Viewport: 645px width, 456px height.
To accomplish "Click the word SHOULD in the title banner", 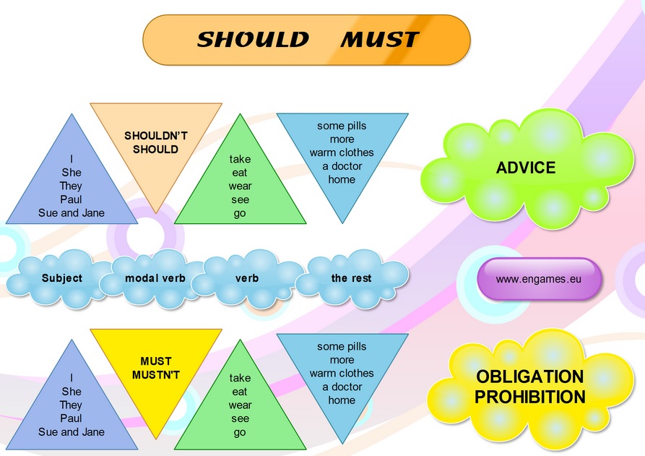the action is (x=253, y=40).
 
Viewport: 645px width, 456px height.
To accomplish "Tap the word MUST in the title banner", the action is (x=380, y=40).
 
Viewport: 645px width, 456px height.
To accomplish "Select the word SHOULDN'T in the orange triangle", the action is (x=156, y=136).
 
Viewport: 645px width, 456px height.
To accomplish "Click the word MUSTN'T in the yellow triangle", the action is (x=156, y=375).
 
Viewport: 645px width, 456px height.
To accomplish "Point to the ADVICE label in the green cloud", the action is (x=526, y=168).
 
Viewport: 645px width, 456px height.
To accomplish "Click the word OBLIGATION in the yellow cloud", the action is (x=530, y=377).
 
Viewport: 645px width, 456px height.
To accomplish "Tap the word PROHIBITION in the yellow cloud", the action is (x=530, y=397).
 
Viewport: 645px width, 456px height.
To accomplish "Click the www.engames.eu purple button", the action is (x=538, y=279).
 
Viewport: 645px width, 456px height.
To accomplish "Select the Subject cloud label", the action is (x=62, y=278).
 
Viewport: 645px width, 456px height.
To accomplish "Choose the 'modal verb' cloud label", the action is (x=155, y=278).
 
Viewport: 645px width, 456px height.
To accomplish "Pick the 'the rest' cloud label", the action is (x=351, y=278).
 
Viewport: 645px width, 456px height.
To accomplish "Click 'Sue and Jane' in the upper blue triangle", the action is (x=72, y=212).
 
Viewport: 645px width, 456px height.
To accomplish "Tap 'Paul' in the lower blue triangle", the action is (x=72, y=418).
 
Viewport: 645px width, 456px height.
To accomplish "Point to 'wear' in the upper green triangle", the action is (x=241, y=186).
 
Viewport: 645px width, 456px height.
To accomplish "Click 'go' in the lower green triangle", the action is (x=240, y=433).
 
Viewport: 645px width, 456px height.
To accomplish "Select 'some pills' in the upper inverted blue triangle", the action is (x=342, y=126).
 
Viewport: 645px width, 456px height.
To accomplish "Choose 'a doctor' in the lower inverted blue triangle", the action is (x=342, y=387).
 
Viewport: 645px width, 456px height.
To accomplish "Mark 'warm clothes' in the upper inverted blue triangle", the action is (x=342, y=152).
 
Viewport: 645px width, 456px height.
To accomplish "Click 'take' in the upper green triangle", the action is (x=241, y=159).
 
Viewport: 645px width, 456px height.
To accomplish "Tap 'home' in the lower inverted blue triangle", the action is (x=342, y=400).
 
